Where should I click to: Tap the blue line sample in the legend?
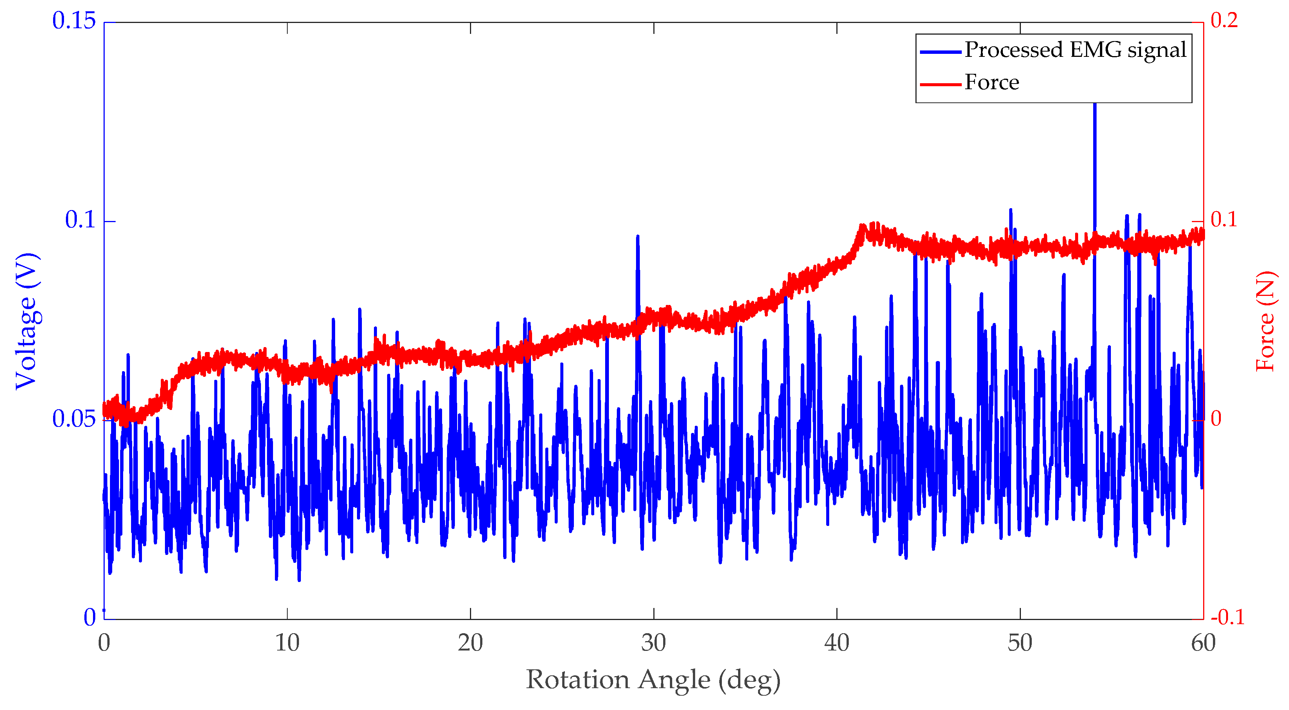click(x=940, y=52)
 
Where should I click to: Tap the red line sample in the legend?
click(x=940, y=84)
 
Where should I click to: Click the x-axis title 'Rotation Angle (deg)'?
click(x=653, y=680)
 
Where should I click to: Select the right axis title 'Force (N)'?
click(x=1266, y=321)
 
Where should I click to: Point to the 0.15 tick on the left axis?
click(x=73, y=21)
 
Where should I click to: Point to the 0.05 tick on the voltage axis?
click(x=73, y=419)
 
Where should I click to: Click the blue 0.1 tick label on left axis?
click(x=80, y=220)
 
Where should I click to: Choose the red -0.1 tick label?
click(x=1227, y=617)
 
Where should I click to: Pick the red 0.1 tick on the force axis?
click(x=1224, y=219)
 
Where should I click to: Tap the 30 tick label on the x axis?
click(x=653, y=643)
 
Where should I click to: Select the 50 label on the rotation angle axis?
click(x=1020, y=643)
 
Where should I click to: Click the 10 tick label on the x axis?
click(x=287, y=643)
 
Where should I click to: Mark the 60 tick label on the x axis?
click(x=1203, y=643)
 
